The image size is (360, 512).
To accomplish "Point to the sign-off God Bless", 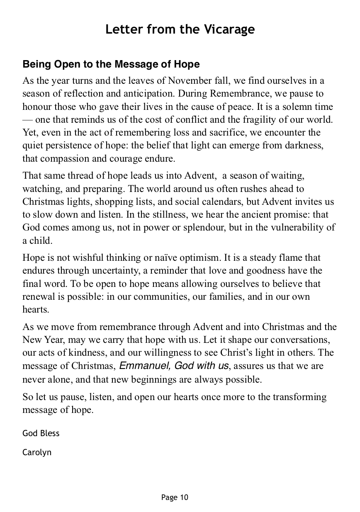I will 41,433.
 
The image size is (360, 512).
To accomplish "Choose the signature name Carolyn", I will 37,452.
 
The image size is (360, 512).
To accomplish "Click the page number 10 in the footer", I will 184,497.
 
